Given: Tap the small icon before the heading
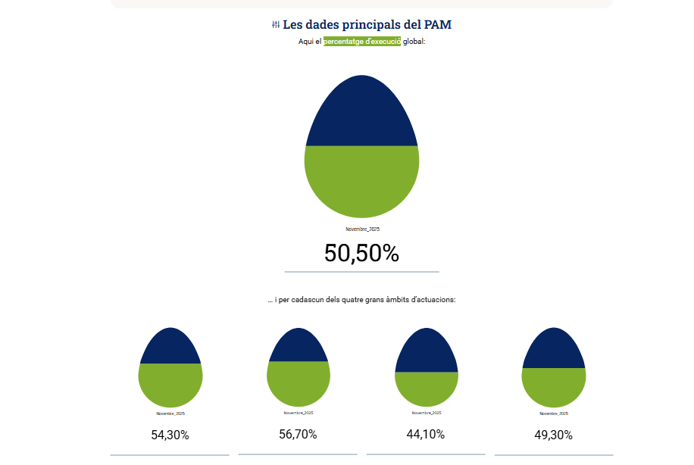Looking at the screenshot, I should coord(276,25).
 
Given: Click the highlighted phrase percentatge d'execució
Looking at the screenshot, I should coord(362,42).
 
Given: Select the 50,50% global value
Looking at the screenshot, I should coord(361,253).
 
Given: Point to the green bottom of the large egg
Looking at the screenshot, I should coord(362,182).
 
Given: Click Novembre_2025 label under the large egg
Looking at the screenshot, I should coord(362,229).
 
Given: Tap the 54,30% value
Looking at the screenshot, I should coord(170,435).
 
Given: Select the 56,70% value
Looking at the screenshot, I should coord(299,434).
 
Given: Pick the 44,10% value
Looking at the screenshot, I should coord(426,434).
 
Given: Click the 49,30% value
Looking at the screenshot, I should coord(554,435).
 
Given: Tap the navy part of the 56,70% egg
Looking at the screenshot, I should coord(299,346).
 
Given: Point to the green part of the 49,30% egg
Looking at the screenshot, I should coord(554,386).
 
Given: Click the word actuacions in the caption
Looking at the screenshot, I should coord(435,300).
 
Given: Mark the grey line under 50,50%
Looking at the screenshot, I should coord(362,271).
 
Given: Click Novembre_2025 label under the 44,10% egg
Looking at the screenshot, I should coord(427,413).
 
